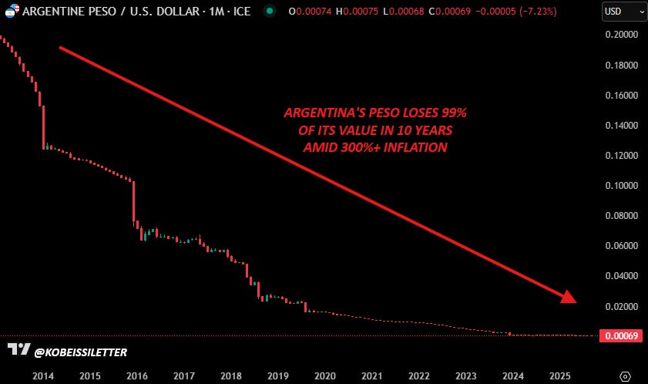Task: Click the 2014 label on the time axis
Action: pos(43,376)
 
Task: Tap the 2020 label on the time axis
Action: pos(325,376)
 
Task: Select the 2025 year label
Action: pos(560,376)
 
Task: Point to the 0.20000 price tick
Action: pos(622,35)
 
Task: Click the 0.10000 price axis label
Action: pos(622,185)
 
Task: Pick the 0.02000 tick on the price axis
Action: pos(622,307)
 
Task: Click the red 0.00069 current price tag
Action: pos(621,335)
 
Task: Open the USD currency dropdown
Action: pos(624,12)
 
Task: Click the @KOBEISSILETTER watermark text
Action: pos(81,352)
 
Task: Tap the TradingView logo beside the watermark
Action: pos(19,349)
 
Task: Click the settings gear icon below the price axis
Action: pos(625,376)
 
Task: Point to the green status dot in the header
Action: pos(270,11)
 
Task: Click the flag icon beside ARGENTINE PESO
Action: pos(12,11)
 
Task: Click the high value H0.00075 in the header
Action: pos(357,11)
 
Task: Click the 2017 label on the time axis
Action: pos(184,376)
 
